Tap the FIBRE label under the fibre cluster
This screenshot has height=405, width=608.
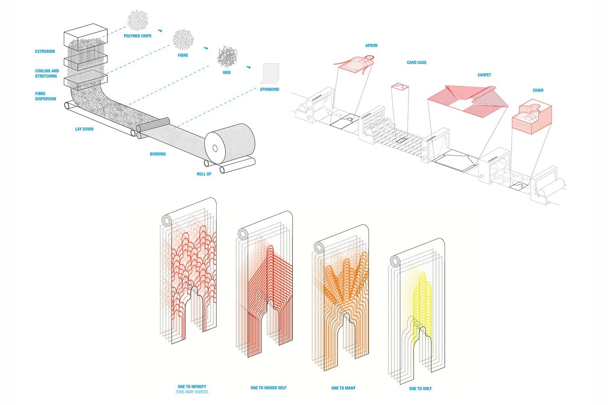183,56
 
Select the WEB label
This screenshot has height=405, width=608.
227,73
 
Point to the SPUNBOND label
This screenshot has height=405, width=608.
269,89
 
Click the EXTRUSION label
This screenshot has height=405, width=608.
45,51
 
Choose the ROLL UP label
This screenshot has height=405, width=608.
204,174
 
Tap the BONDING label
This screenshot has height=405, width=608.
158,154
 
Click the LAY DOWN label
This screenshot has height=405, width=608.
84,129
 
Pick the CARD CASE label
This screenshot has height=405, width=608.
417,63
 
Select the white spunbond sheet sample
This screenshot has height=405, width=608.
271,74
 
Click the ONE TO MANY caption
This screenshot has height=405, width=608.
343,388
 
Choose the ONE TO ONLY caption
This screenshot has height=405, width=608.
420,388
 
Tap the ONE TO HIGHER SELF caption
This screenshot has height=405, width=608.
268,388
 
